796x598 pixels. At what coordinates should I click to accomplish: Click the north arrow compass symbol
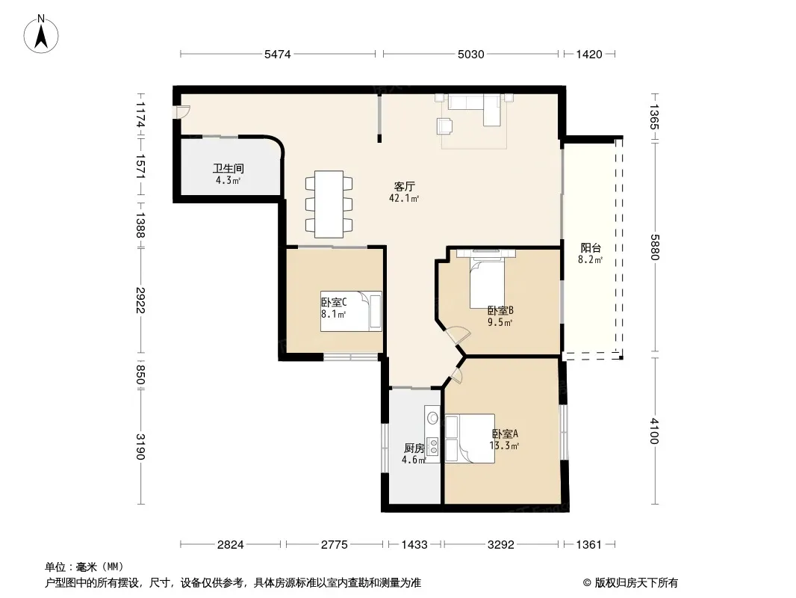(41, 34)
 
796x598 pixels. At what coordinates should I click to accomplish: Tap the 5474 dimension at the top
(277, 55)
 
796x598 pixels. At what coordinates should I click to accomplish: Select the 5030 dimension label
(470, 55)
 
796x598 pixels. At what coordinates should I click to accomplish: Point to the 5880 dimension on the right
(654, 247)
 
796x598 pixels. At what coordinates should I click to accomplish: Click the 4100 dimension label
(654, 431)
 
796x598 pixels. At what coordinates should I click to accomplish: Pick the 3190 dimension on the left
(140, 446)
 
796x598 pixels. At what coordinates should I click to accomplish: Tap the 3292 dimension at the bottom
(500, 545)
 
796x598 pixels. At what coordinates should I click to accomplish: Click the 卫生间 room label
(228, 168)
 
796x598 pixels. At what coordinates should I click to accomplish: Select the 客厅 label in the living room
(404, 186)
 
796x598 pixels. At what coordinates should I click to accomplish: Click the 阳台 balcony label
(591, 248)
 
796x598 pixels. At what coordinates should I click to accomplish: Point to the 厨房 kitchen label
(414, 448)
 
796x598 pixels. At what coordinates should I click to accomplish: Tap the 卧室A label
(505, 434)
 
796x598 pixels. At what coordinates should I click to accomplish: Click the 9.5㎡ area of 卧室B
(500, 322)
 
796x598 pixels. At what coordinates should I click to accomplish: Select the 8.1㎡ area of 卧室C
(334, 315)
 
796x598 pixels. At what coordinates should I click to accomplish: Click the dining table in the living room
(329, 204)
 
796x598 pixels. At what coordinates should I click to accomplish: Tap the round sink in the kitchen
(432, 418)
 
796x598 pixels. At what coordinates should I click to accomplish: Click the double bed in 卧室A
(470, 439)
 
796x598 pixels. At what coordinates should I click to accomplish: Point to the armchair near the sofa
(445, 126)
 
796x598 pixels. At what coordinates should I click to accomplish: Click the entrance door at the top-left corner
(181, 112)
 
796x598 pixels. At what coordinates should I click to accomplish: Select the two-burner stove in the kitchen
(433, 446)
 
